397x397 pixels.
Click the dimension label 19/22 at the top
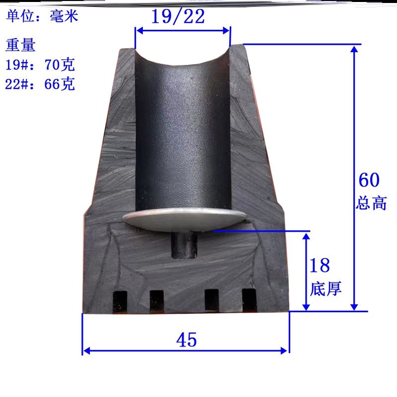click(x=178, y=16)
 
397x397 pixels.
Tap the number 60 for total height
click(x=369, y=180)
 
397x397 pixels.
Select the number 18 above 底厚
click(x=320, y=265)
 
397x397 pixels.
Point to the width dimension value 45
click(x=187, y=339)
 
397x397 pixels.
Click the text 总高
click(x=371, y=203)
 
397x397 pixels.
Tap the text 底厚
click(x=326, y=288)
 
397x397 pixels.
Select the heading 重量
click(x=20, y=45)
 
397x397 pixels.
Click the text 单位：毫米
click(x=42, y=16)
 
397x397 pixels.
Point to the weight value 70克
click(x=60, y=65)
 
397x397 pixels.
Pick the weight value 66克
click(x=60, y=84)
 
